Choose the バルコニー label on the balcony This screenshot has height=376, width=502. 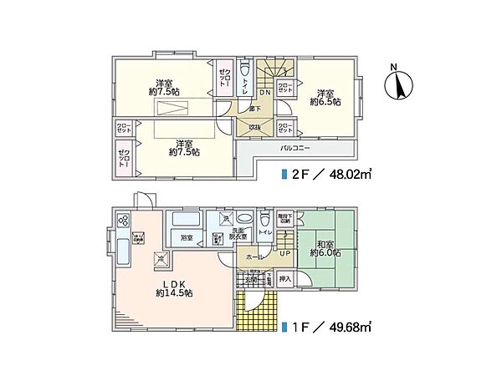tap(295, 147)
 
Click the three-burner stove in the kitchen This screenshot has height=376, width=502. tap(124, 221)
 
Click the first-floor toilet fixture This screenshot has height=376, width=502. tap(266, 221)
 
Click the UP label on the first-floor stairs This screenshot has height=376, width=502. tap(284, 253)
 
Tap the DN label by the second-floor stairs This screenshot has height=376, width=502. tap(264, 92)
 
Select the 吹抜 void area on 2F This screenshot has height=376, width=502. tap(254, 126)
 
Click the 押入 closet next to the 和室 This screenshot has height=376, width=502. tap(284, 278)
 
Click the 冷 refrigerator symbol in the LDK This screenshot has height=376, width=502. tap(161, 258)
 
